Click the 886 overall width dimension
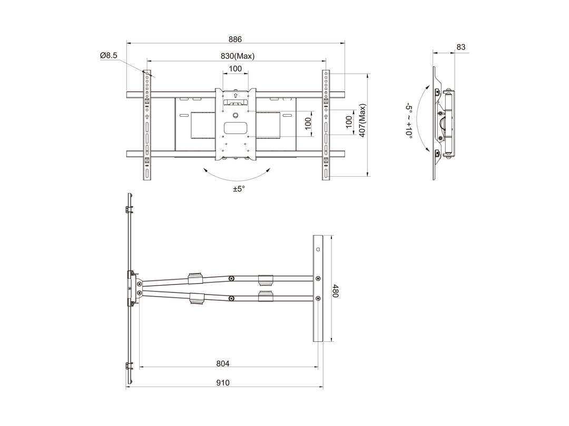click(235, 39)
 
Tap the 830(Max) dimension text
click(238, 56)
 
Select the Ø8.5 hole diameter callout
click(109, 55)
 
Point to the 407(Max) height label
click(362, 120)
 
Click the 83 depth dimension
click(461, 47)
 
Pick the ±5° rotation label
click(239, 189)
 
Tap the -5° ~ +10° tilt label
click(409, 120)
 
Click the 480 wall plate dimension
click(335, 291)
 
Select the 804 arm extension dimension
click(223, 363)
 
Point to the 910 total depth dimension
click(223, 382)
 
